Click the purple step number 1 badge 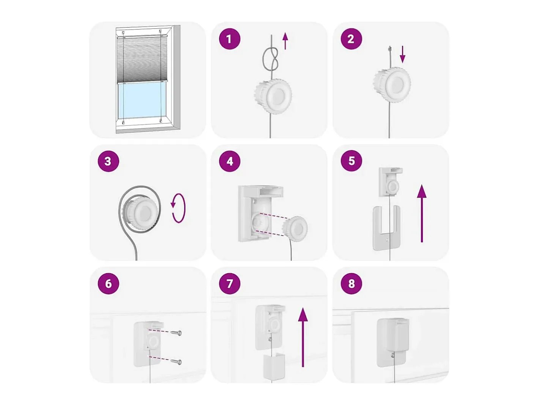click(x=230, y=39)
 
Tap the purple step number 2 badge click(x=351, y=39)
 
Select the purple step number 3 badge click(x=108, y=161)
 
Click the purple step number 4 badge click(x=230, y=161)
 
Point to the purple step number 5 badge click(x=351, y=161)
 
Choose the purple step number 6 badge click(x=108, y=283)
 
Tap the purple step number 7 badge click(x=230, y=283)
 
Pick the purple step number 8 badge click(x=351, y=283)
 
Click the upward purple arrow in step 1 click(x=285, y=41)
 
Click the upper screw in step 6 click(x=176, y=333)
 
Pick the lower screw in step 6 click(x=176, y=362)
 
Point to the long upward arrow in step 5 click(x=422, y=213)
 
